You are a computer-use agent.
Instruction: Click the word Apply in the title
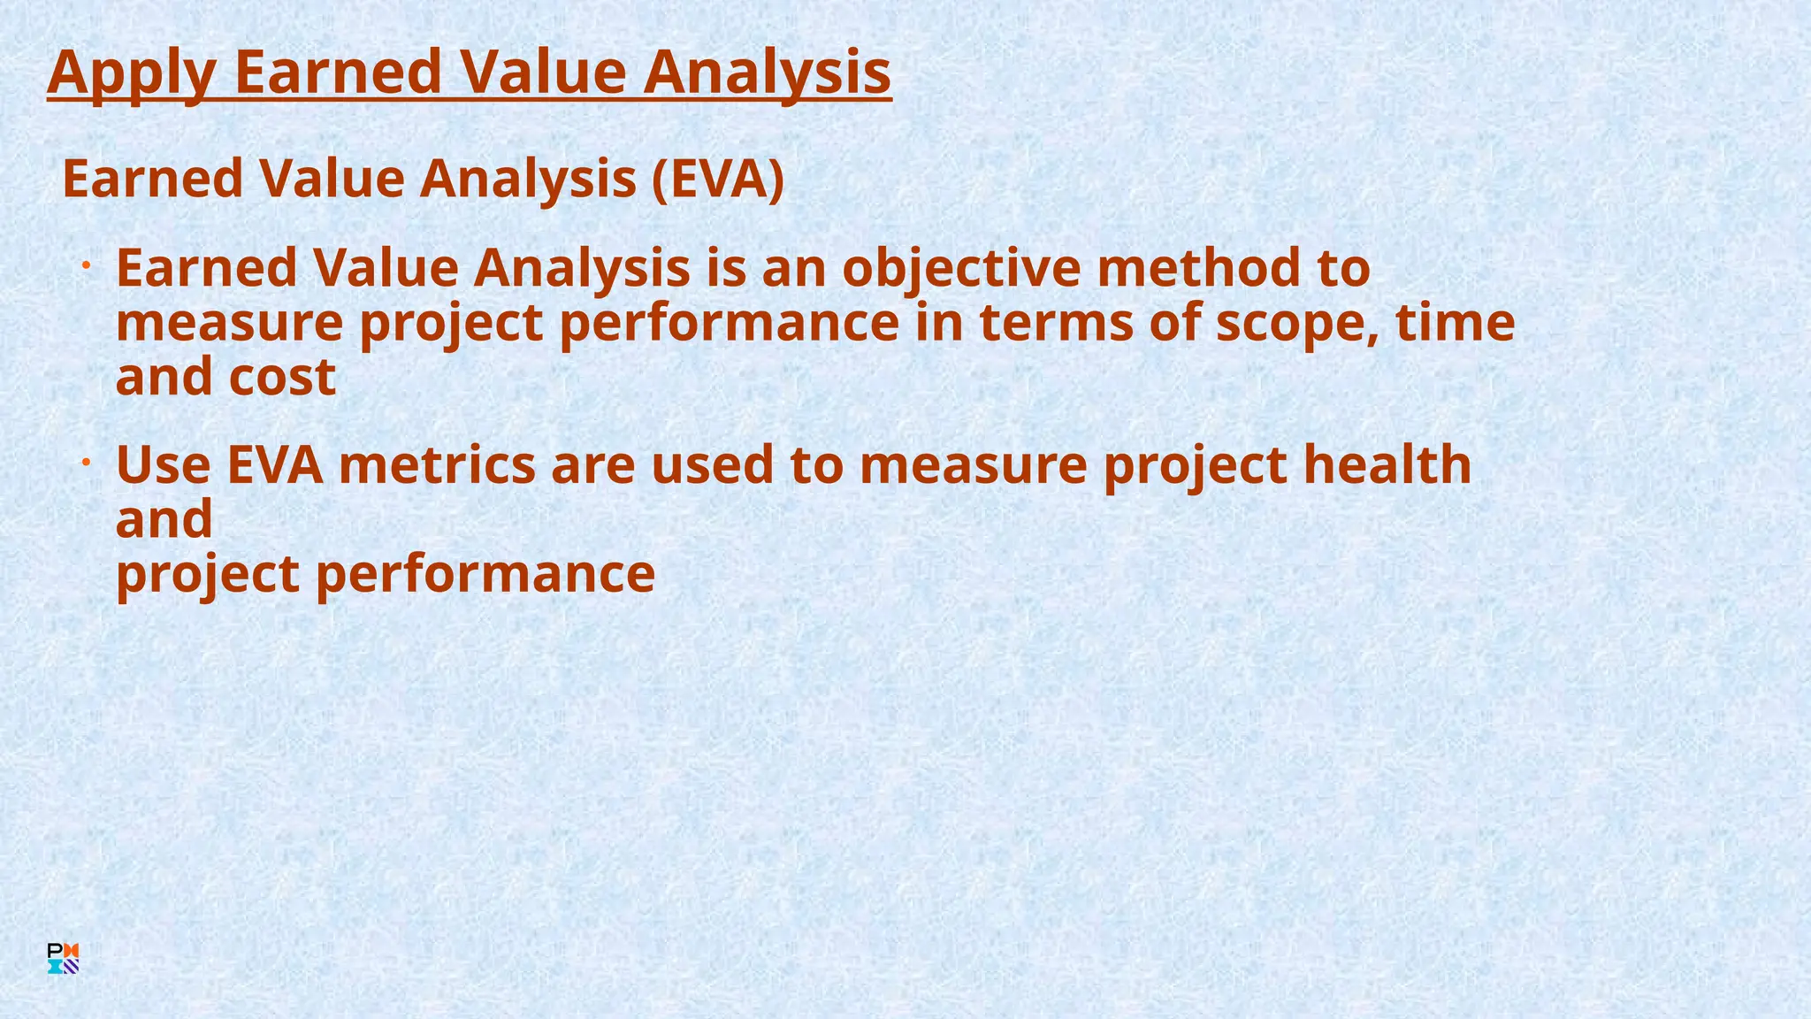(131, 73)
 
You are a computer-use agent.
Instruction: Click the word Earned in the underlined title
(338, 73)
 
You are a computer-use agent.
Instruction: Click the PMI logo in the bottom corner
(64, 959)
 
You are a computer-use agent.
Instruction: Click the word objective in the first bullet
(960, 269)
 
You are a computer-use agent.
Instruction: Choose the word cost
(282, 378)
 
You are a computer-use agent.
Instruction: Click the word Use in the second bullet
(164, 465)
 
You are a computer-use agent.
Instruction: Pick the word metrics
(437, 465)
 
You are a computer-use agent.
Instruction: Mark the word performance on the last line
(485, 574)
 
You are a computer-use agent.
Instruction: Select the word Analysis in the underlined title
(767, 73)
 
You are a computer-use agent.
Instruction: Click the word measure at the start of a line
(229, 324)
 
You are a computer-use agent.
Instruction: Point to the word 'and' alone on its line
(164, 519)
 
